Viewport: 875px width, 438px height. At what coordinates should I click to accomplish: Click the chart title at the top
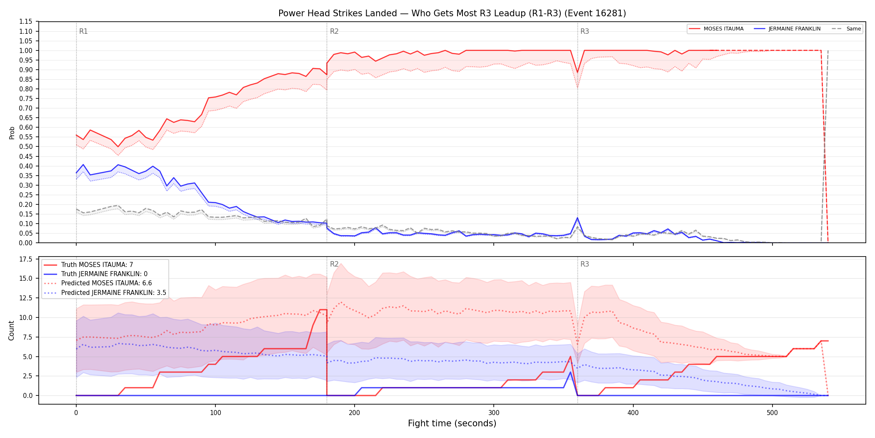coord(452,13)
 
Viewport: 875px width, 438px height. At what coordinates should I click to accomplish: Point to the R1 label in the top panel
coord(83,31)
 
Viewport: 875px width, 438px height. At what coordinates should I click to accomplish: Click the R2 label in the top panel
coord(334,31)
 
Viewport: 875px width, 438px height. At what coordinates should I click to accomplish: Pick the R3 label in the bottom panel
coord(585,264)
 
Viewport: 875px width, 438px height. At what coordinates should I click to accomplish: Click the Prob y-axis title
coord(12,133)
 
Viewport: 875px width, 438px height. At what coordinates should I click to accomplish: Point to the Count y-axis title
coord(11,330)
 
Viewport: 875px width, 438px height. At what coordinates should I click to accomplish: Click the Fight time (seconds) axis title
coord(452,423)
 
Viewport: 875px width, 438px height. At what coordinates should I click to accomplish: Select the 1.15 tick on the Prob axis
coord(25,22)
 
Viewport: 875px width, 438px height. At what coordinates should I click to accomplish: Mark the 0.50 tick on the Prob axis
coord(25,147)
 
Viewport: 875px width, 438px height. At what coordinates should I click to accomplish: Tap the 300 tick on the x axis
coord(494,413)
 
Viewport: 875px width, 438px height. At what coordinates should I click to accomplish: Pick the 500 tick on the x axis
coord(772,413)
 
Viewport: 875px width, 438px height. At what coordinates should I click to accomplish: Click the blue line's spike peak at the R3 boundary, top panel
coord(577,218)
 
